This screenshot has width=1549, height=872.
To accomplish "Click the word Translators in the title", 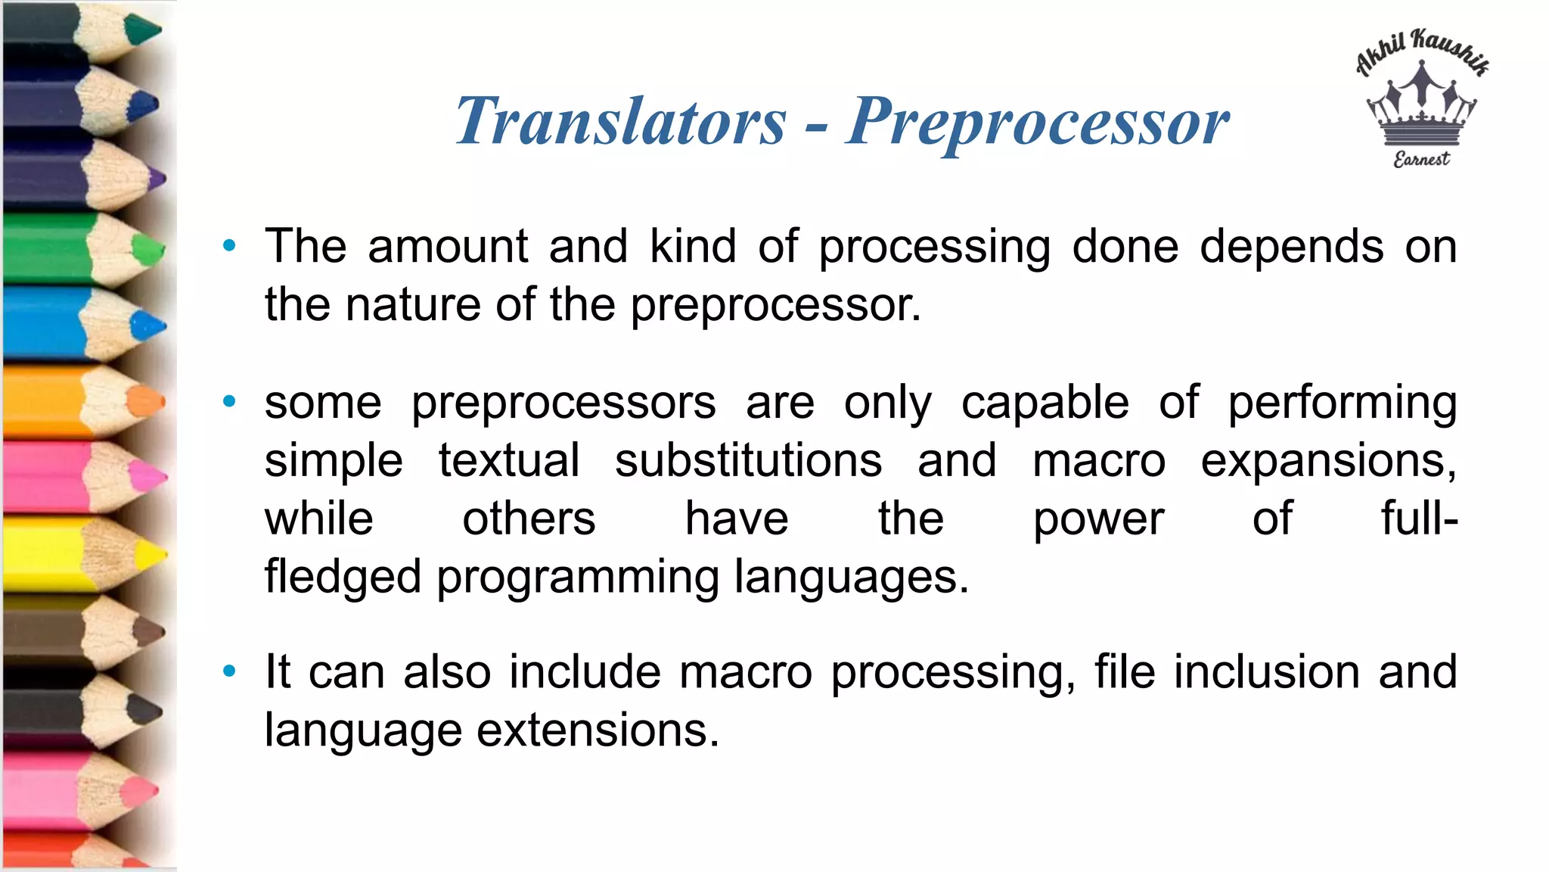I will [x=621, y=121].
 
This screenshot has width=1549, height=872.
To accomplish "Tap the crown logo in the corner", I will [x=1421, y=106].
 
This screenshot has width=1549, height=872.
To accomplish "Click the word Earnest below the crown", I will [x=1421, y=159].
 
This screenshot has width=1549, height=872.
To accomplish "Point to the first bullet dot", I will [x=229, y=245].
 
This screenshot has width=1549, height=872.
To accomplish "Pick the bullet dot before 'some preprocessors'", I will [x=229, y=401].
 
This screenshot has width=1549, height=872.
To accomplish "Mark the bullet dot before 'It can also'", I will [x=229, y=671].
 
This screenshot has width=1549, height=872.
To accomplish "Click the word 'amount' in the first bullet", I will [x=448, y=247].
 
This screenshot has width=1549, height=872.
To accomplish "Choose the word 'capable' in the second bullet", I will [x=1045, y=403].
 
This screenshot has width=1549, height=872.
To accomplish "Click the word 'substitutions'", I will [x=748, y=460].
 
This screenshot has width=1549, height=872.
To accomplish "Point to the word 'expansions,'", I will [x=1328, y=460].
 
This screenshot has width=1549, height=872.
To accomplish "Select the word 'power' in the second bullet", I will [x=1098, y=519].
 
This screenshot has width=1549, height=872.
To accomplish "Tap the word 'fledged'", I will [x=343, y=577].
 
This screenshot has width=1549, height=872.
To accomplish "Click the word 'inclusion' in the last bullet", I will [x=1267, y=672].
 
